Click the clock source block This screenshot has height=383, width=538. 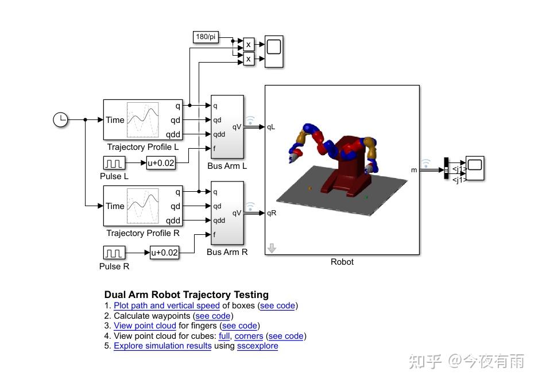click(60, 119)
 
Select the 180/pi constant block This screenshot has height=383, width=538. click(206, 37)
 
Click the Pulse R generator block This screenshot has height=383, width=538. click(114, 253)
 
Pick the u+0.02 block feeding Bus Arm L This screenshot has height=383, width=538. click(161, 163)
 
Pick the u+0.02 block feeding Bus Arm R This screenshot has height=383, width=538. click(164, 253)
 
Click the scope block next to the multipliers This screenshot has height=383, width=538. click(273, 52)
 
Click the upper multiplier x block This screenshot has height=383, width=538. click(249, 44)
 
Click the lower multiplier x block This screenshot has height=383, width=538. click(249, 59)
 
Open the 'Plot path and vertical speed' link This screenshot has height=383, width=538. click(167, 305)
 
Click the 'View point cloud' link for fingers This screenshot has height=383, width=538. click(145, 326)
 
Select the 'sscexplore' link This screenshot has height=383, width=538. click(257, 346)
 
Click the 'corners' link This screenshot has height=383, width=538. click(249, 336)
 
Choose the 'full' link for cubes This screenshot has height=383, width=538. click(225, 336)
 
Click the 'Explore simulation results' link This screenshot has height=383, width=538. click(162, 346)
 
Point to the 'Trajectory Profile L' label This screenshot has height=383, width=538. click(143, 148)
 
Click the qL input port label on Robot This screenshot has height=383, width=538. click(271, 127)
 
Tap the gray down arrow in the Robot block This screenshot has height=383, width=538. click(272, 248)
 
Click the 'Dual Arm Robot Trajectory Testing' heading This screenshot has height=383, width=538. click(186, 295)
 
